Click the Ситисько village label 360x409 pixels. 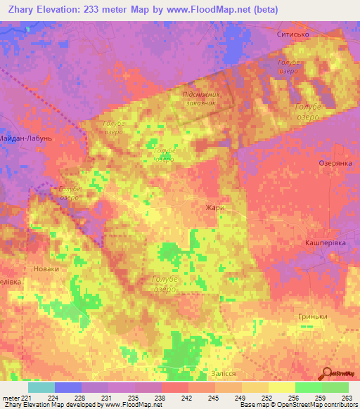click(x=293, y=34)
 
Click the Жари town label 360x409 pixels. click(x=214, y=208)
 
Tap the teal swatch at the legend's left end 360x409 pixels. click(x=41, y=387)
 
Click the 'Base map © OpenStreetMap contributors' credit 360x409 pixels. click(x=297, y=405)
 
